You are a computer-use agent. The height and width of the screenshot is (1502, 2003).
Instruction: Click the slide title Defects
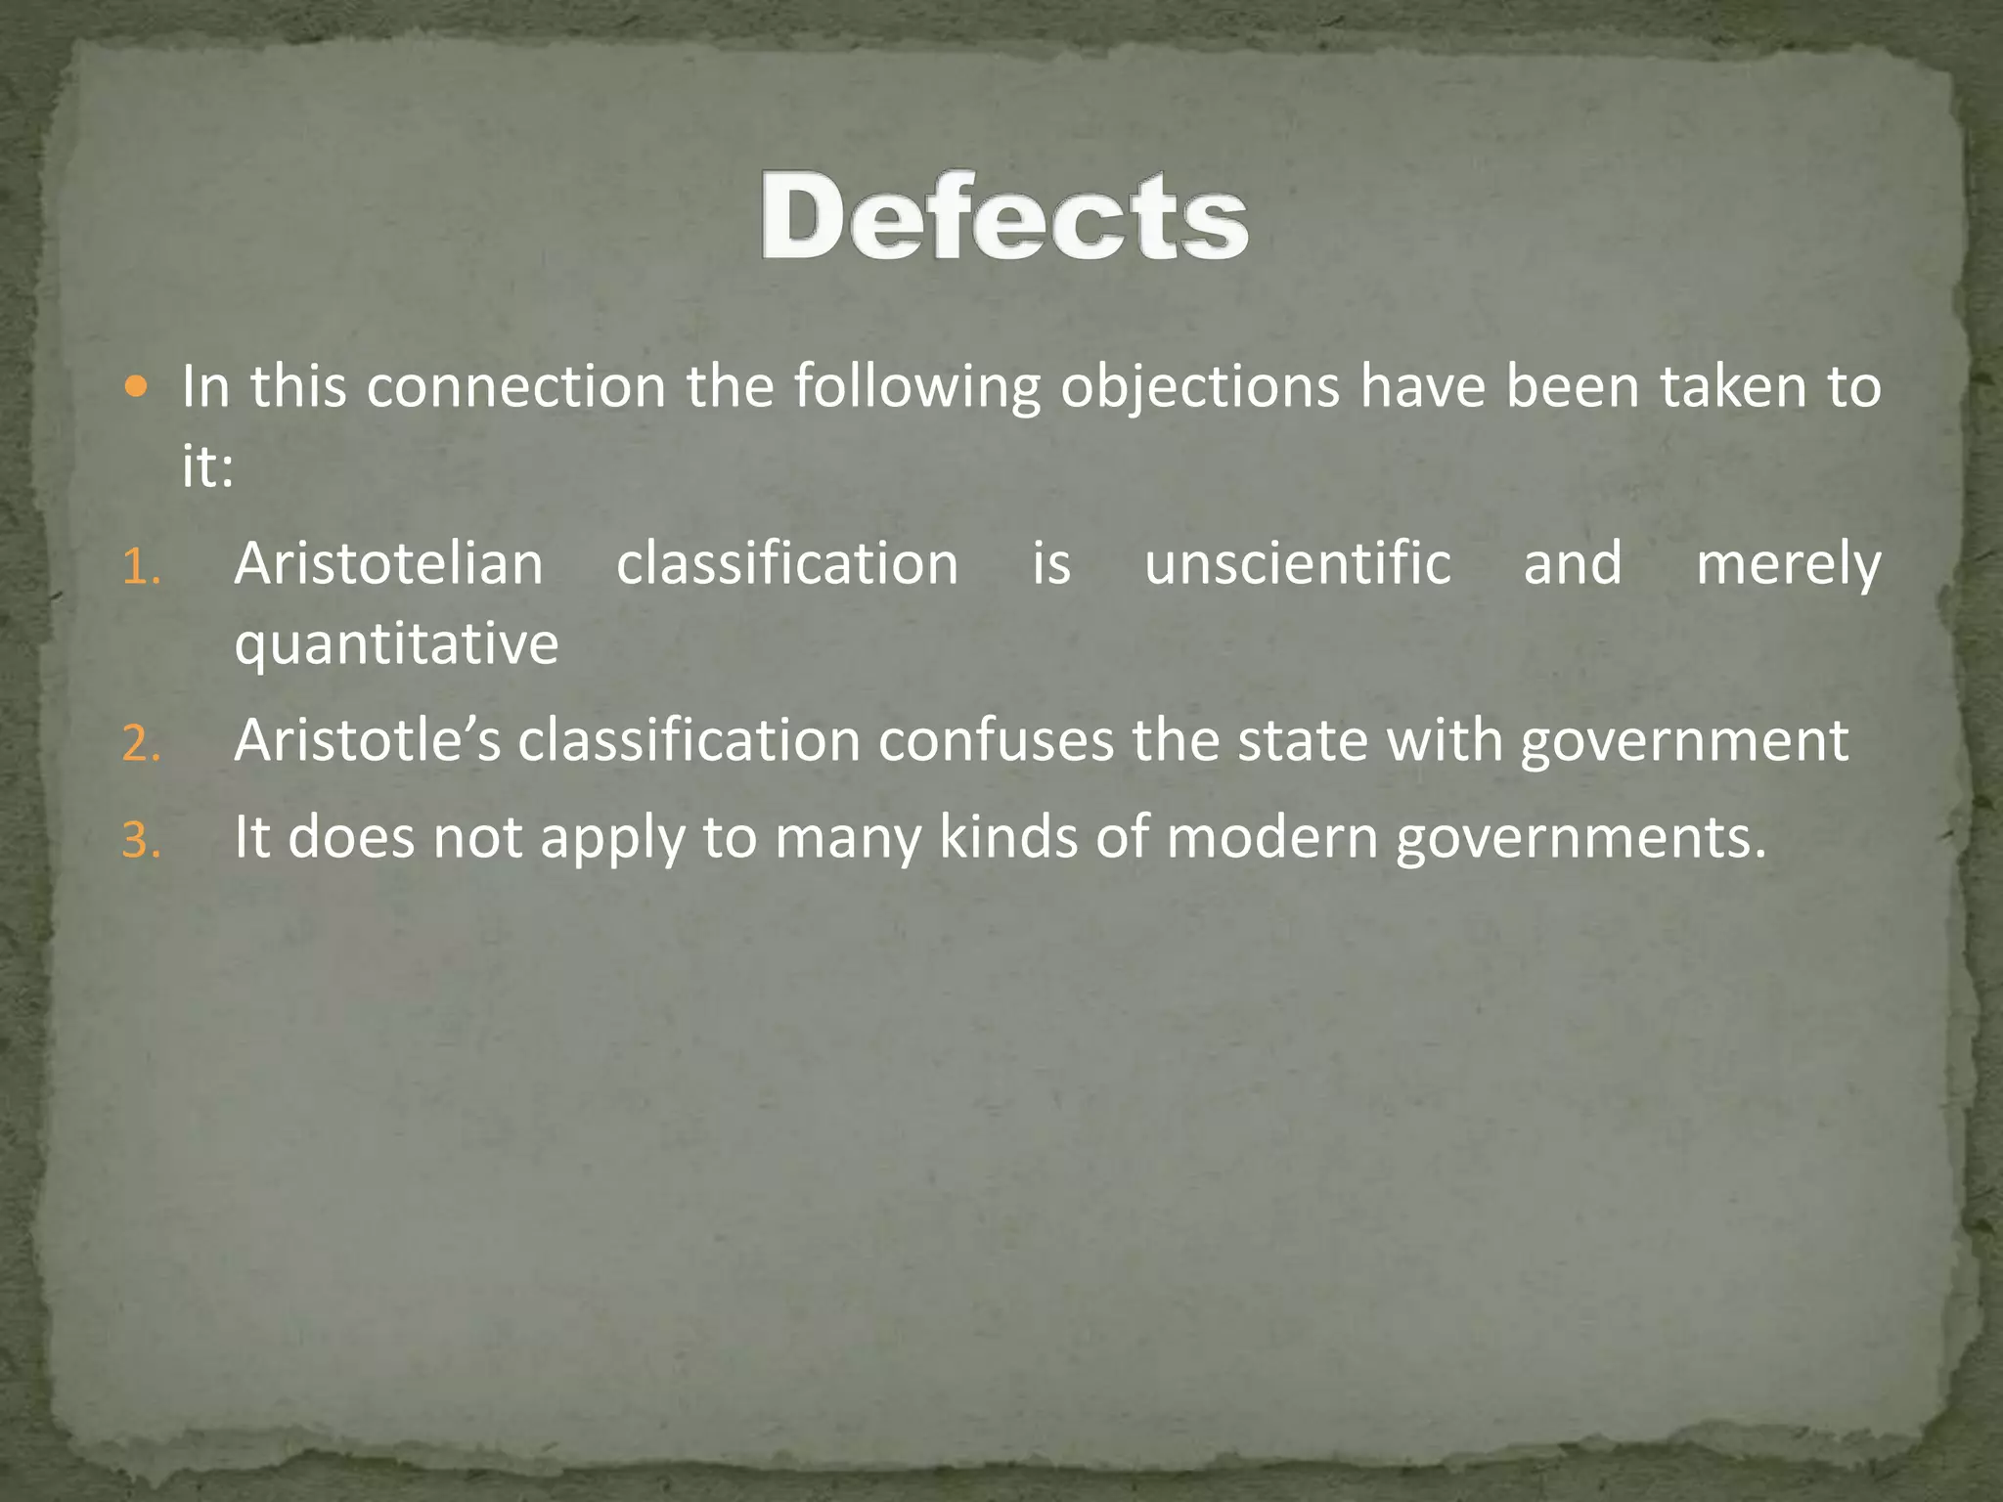click(1004, 217)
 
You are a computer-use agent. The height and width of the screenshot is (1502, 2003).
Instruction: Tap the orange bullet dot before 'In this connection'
click(137, 387)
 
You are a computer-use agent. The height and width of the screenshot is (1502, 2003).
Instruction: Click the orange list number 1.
click(141, 568)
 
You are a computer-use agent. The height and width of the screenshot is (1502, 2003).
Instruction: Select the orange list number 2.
click(141, 745)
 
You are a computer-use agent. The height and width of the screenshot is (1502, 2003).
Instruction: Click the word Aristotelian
click(388, 564)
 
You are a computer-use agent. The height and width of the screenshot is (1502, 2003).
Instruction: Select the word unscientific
click(1297, 564)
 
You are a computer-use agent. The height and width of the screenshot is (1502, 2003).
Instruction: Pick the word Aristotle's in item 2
click(367, 740)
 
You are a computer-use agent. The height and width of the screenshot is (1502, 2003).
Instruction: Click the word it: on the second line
click(207, 465)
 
